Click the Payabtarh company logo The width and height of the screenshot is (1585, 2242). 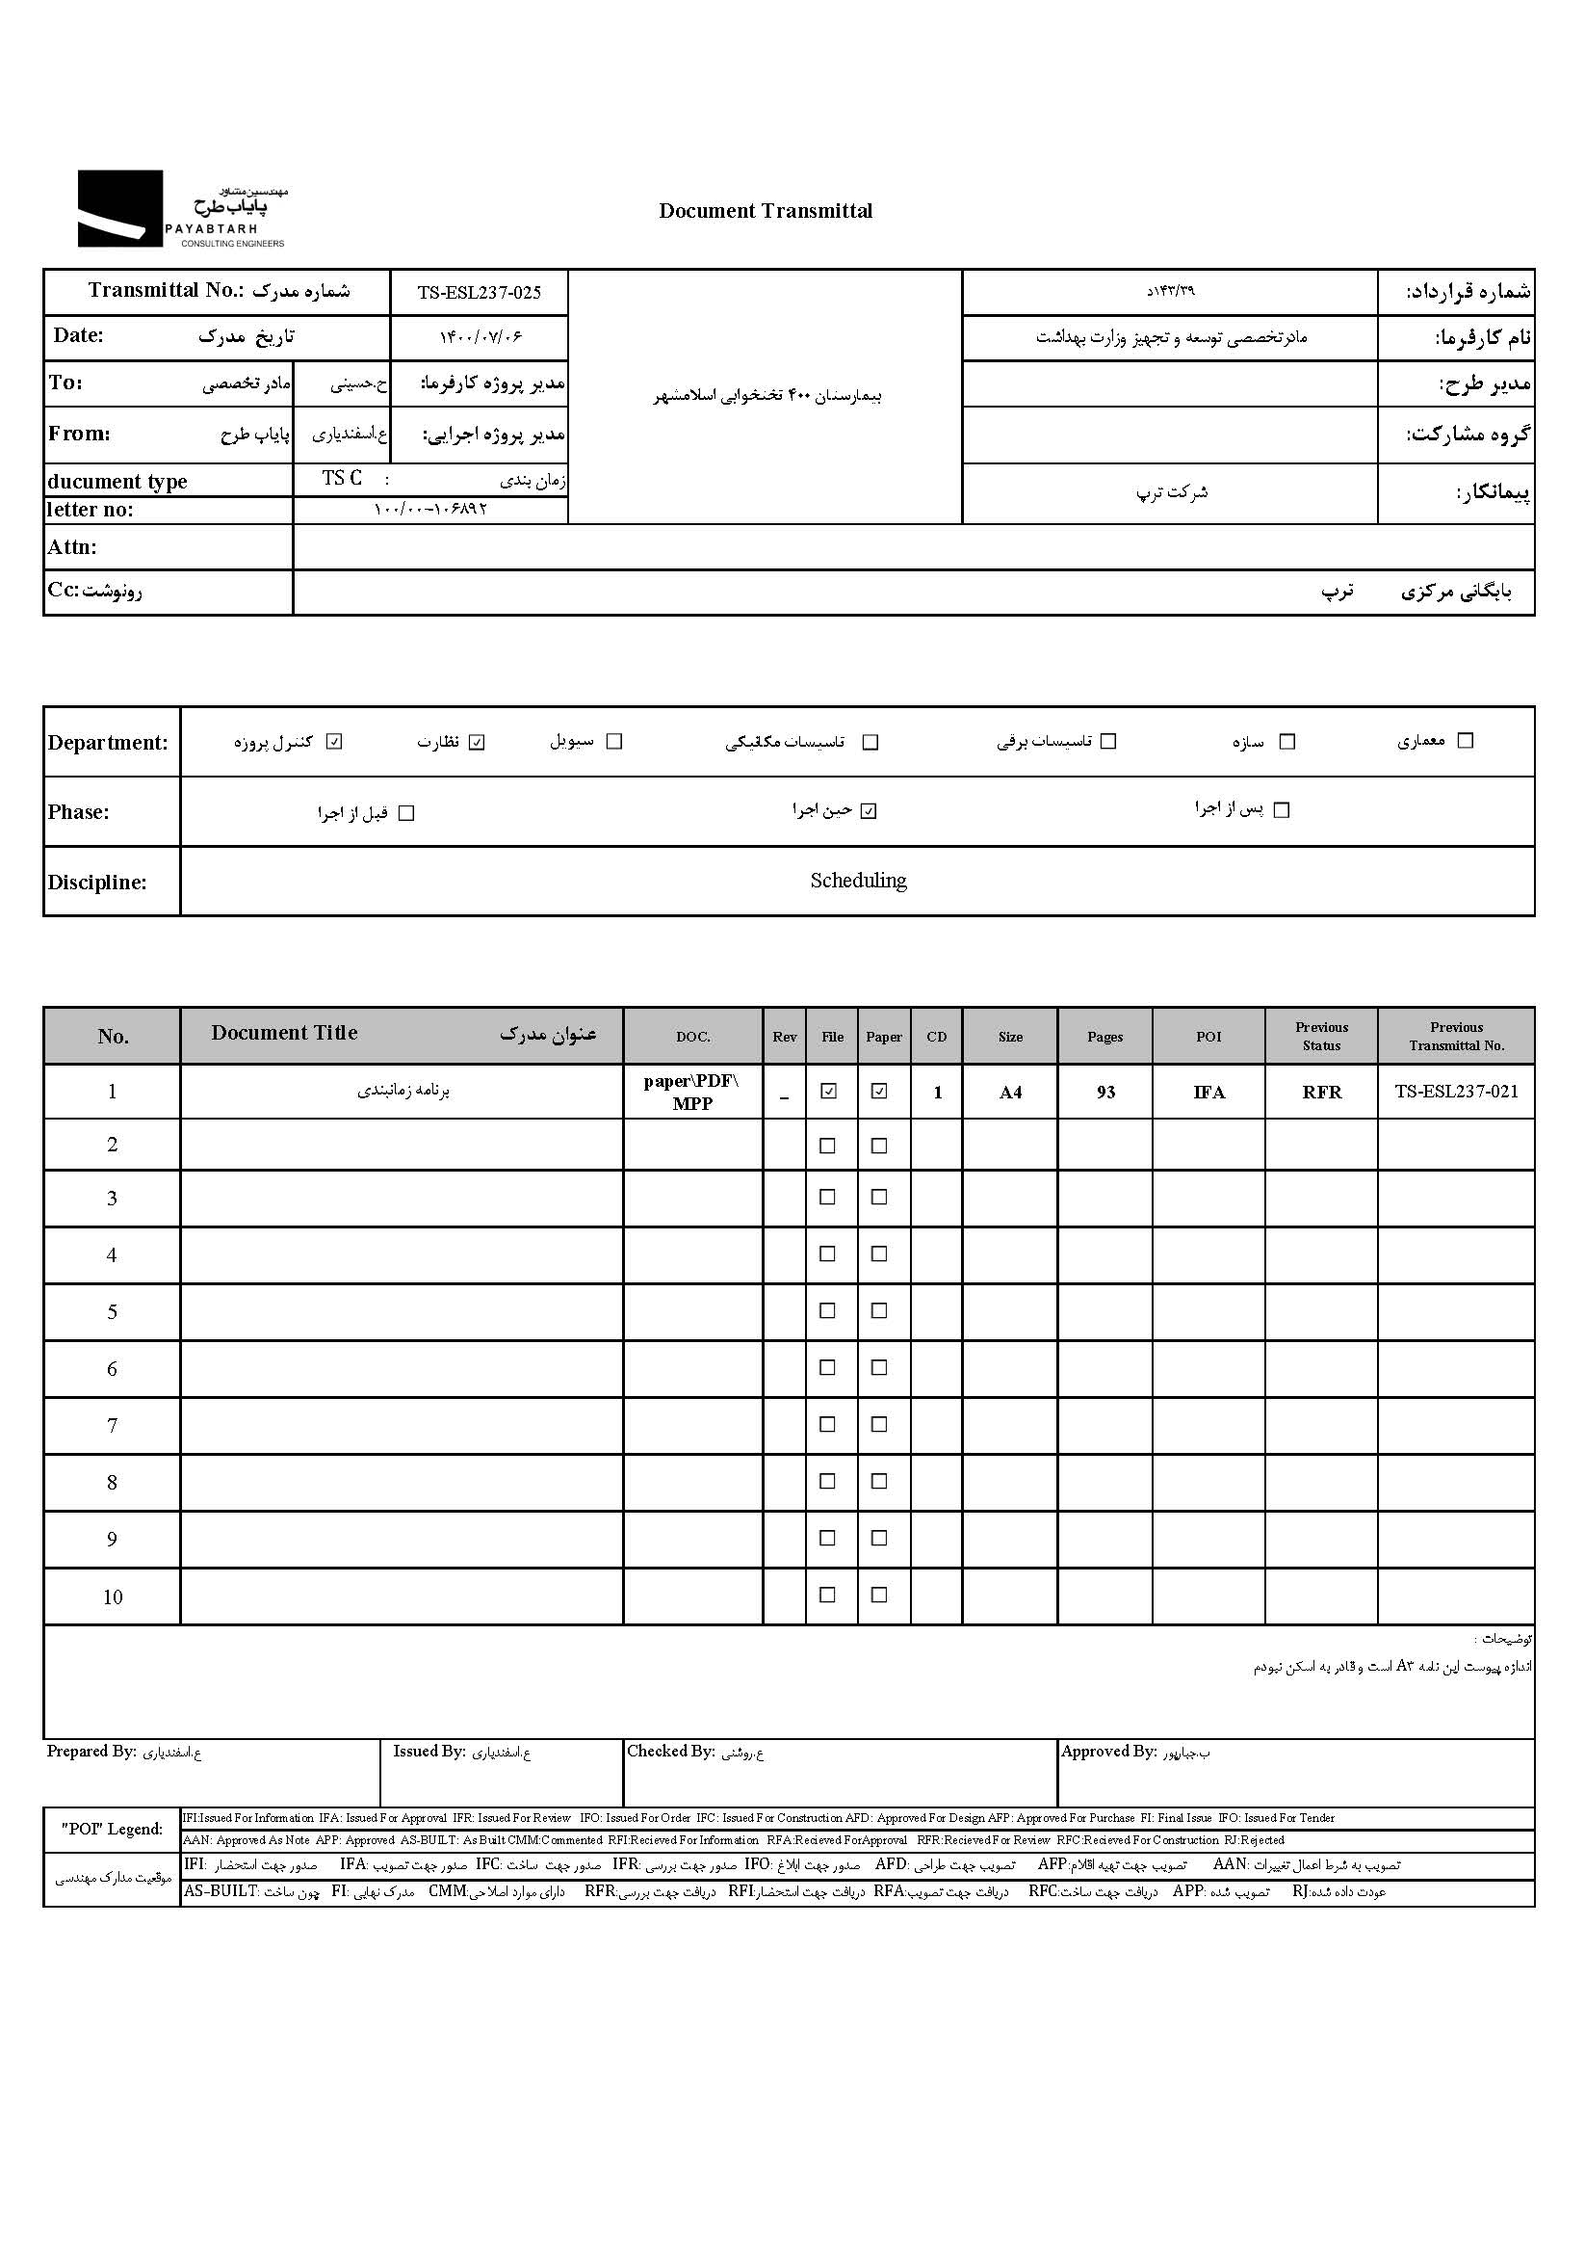pyautogui.click(x=182, y=208)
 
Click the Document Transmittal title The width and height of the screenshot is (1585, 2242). pyautogui.click(x=766, y=211)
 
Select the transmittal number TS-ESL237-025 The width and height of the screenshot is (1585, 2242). pyautogui.click(x=479, y=292)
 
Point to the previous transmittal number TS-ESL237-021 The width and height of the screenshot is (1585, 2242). pyautogui.click(x=1455, y=1092)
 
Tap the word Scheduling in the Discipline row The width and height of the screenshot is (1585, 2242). pyautogui.click(x=858, y=881)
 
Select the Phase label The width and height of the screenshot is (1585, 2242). pyautogui.click(x=78, y=812)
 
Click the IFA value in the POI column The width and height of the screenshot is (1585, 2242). pyautogui.click(x=1208, y=1093)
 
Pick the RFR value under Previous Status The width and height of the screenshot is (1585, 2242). pyautogui.click(x=1321, y=1093)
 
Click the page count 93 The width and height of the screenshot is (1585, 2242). pyautogui.click(x=1104, y=1093)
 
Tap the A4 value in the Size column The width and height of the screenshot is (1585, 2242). pyautogui.click(x=1010, y=1093)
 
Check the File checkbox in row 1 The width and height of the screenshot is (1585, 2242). pyautogui.click(x=829, y=1092)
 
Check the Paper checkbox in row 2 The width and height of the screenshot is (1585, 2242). pyautogui.click(x=879, y=1147)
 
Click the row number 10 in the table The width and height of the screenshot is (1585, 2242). pyautogui.click(x=113, y=1597)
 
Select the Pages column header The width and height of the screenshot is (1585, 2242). pyautogui.click(x=1104, y=1037)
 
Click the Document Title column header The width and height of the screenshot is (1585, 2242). pyautogui.click(x=284, y=1033)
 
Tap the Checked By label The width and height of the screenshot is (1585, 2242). pyautogui.click(x=670, y=1752)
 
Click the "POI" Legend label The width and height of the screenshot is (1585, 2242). pyautogui.click(x=113, y=1829)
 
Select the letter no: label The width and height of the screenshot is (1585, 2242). pyautogui.click(x=90, y=510)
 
